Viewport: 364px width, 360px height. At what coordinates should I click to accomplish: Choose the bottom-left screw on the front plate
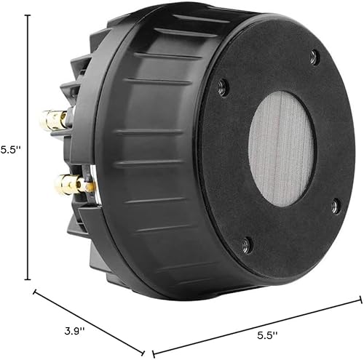coord(245,244)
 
